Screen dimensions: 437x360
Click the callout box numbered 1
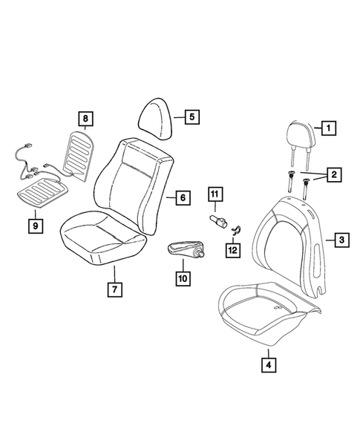click(326, 128)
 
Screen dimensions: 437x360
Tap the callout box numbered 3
click(340, 240)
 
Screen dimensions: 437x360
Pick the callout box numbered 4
click(266, 364)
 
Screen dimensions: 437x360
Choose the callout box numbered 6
click(180, 198)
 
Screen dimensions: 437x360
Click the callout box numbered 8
click(85, 119)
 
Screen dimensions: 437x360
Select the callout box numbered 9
click(36, 223)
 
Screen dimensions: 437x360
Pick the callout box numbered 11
click(215, 196)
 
